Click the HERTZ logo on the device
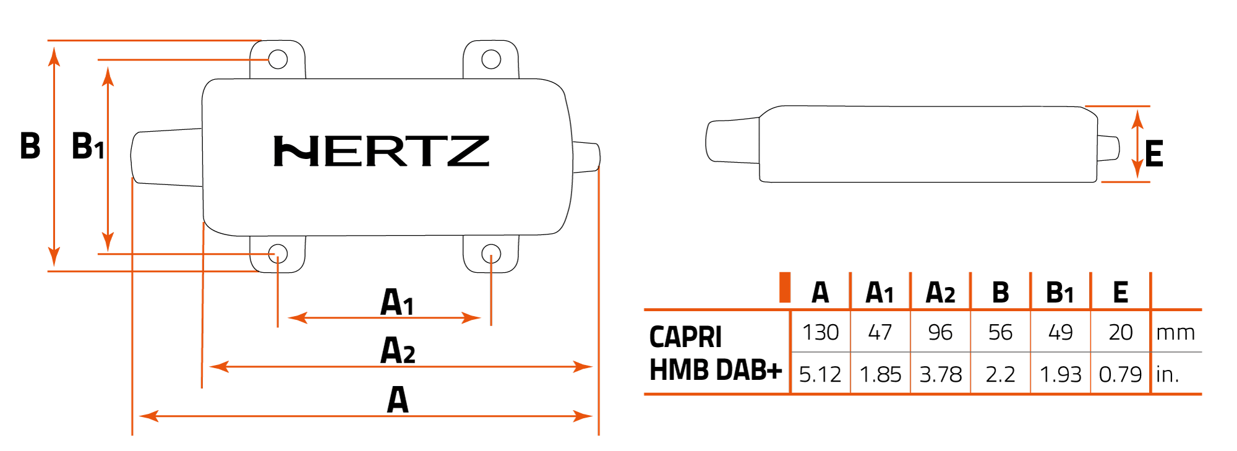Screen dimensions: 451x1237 381,152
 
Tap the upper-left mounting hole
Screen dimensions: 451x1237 278,59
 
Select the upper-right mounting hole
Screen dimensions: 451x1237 491,59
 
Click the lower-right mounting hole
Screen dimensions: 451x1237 491,254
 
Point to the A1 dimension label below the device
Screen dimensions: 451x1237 396,303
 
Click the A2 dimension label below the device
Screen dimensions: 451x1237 397,350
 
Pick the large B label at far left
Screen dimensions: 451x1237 30,147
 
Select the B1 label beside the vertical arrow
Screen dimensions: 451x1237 88,147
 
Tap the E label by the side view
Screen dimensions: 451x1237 1154,154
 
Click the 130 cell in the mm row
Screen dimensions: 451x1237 820,333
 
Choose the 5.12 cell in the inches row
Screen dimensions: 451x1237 820,374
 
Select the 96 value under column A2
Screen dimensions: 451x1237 940,333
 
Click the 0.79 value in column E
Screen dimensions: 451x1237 1120,374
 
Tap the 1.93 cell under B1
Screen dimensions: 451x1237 1060,374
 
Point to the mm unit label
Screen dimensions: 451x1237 1175,333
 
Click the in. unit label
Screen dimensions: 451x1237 1167,374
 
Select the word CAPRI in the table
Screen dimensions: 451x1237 685,337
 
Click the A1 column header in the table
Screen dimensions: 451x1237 880,293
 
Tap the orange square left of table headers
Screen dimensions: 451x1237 785,287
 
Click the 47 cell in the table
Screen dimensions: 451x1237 880,333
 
